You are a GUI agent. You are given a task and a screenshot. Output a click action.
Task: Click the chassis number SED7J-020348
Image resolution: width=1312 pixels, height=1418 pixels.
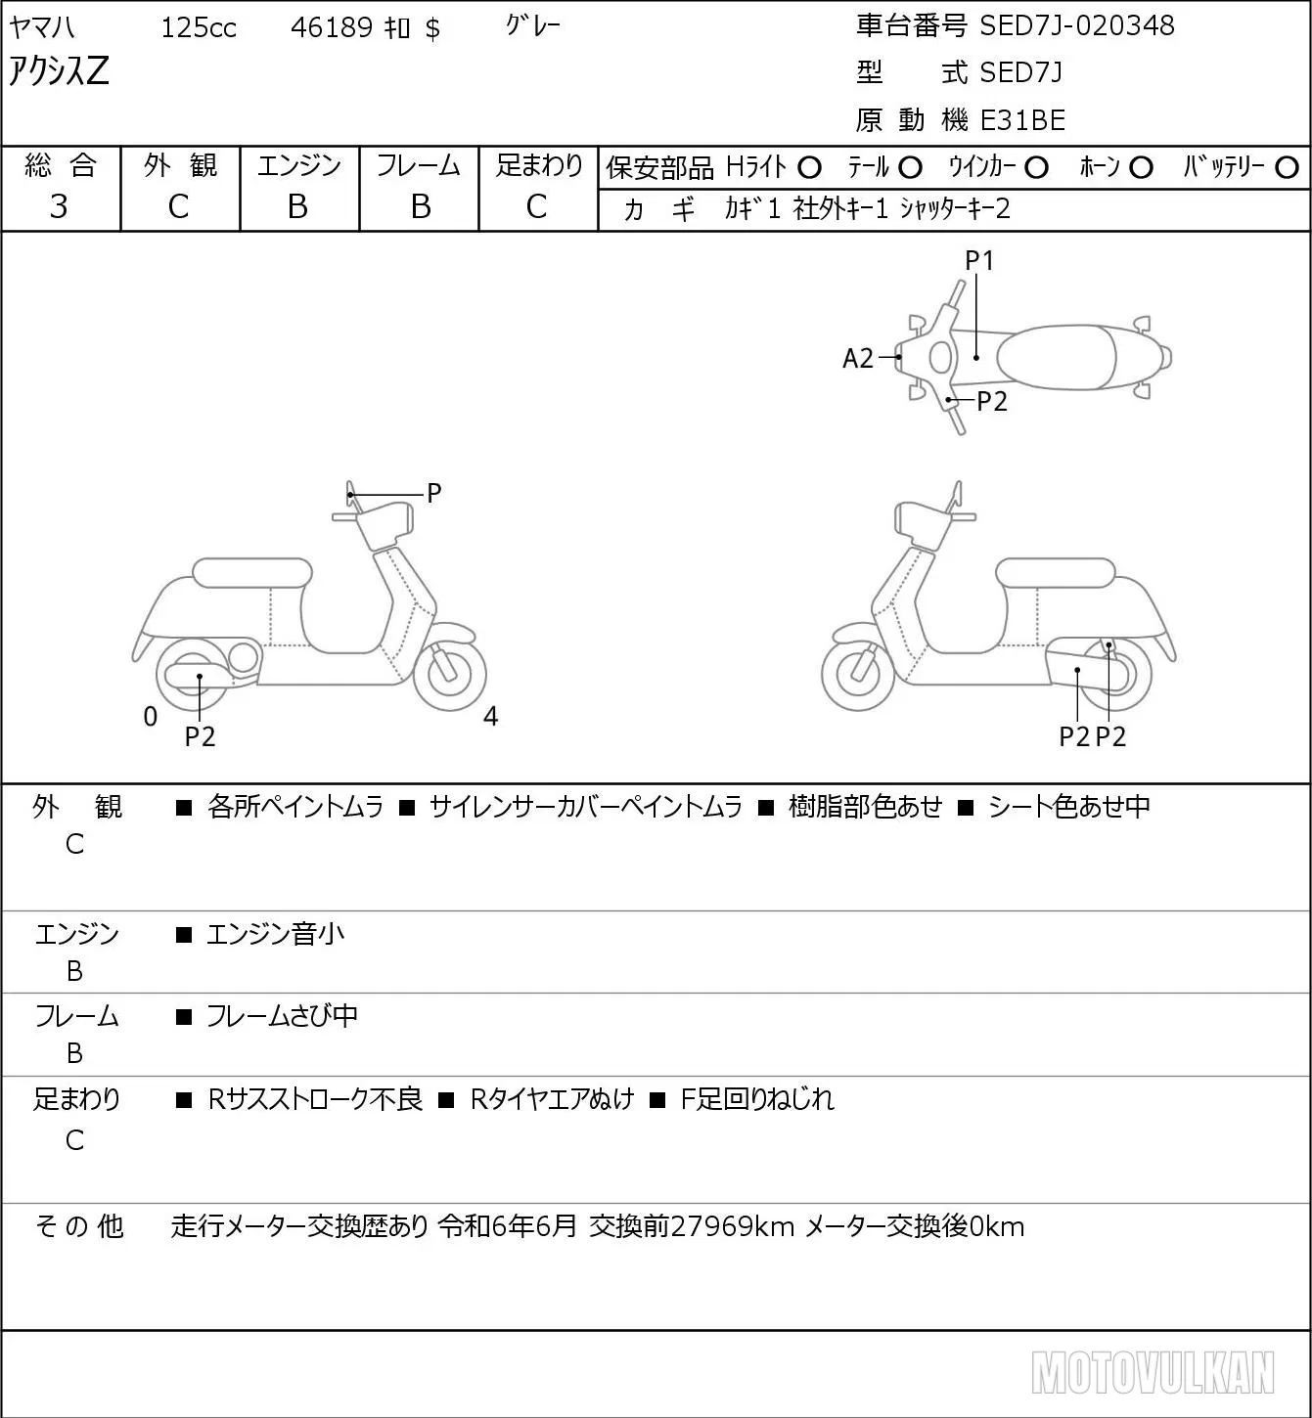pyautogui.click(x=1076, y=25)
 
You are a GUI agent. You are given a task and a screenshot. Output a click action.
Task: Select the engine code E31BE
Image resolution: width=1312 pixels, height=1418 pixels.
pyautogui.click(x=1022, y=120)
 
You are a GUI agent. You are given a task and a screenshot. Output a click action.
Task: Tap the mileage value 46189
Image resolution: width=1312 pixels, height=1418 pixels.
pyautogui.click(x=332, y=27)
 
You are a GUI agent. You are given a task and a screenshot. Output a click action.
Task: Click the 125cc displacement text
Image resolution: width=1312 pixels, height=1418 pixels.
pyautogui.click(x=199, y=27)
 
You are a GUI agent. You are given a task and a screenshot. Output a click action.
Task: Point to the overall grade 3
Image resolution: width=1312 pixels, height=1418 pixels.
pyautogui.click(x=59, y=206)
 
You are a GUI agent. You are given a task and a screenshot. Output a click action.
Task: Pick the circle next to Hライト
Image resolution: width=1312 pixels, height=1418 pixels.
pyautogui.click(x=809, y=168)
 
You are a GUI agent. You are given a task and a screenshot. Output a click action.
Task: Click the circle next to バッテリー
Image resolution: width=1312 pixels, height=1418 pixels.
pyautogui.click(x=1287, y=168)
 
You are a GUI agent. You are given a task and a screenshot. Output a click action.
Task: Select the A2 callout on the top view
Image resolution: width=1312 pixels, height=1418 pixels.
pyautogui.click(x=857, y=358)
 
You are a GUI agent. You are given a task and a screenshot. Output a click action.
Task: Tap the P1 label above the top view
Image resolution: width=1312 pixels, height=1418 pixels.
pyautogui.click(x=979, y=260)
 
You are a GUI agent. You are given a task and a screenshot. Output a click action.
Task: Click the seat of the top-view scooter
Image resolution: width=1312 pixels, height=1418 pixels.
pyautogui.click(x=1055, y=357)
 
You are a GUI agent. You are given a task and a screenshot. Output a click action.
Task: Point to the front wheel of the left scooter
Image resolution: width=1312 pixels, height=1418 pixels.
pyautogui.click(x=450, y=674)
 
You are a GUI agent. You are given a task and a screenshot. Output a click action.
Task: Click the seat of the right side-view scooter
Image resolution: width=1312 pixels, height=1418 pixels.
pyautogui.click(x=1055, y=573)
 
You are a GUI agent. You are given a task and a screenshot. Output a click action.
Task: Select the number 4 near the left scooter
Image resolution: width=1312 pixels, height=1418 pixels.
pyautogui.click(x=490, y=716)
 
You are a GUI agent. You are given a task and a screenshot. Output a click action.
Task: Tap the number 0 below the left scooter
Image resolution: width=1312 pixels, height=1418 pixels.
pyautogui.click(x=150, y=716)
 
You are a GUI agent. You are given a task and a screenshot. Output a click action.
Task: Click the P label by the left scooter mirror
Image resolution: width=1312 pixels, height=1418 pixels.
pyautogui.click(x=433, y=493)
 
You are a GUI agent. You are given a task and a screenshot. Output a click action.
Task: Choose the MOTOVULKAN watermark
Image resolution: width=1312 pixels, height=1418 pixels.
pyautogui.click(x=1153, y=1372)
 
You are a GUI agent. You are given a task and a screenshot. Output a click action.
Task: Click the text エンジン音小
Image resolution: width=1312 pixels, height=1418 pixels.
pyautogui.click(x=275, y=934)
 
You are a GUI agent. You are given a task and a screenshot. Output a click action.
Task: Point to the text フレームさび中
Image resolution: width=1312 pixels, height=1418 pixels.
pyautogui.click(x=282, y=1016)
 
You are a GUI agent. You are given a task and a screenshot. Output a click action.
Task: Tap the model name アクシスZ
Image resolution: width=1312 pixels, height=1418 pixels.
pyautogui.click(x=59, y=70)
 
